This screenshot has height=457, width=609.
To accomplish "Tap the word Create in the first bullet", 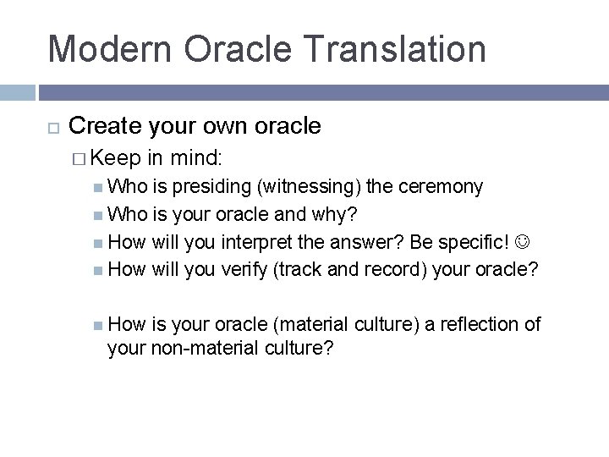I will tap(106, 126).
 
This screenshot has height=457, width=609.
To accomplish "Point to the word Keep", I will tap(116, 157).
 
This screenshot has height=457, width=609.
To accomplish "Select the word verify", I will tap(250, 271).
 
